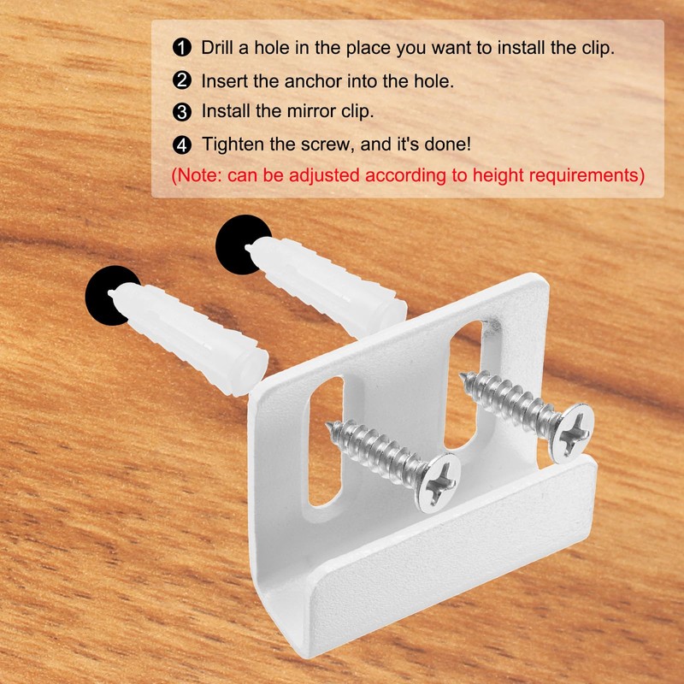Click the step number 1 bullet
point(181,48)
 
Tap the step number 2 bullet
point(181,81)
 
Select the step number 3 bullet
point(181,112)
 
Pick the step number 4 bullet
point(181,144)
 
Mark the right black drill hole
point(240,244)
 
